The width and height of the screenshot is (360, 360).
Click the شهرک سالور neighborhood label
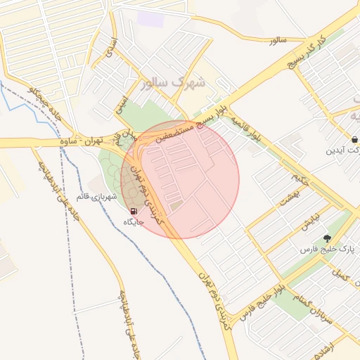point(173,83)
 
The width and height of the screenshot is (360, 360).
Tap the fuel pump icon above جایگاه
point(134,211)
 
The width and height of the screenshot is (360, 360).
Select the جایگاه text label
point(134,222)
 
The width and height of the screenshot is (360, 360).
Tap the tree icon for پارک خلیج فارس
point(328,238)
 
